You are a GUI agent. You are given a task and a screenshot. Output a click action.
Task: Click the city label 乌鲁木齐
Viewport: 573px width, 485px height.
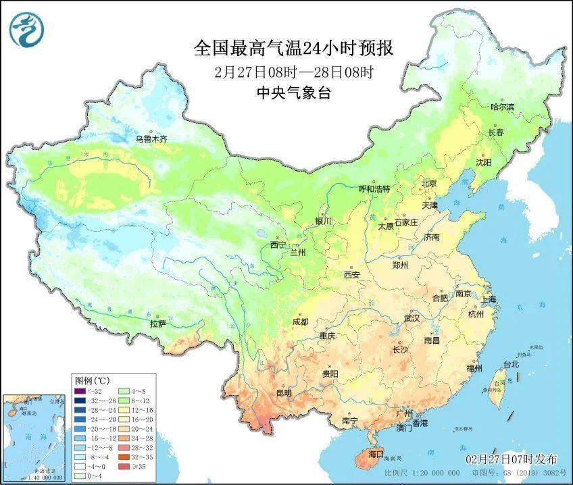pos(150,139)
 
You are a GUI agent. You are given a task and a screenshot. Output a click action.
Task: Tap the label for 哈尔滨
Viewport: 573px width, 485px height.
pos(502,107)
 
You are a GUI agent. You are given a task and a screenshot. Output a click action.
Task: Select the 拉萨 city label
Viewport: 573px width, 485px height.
pos(157,324)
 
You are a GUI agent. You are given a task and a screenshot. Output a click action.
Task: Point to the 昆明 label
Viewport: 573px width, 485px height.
pos(284,392)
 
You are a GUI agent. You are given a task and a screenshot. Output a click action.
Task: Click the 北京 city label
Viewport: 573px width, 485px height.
pos(429,183)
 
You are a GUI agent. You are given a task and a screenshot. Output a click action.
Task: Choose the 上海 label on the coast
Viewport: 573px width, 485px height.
pos(488,299)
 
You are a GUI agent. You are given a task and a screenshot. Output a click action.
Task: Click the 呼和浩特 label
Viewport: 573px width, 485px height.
pos(374,189)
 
